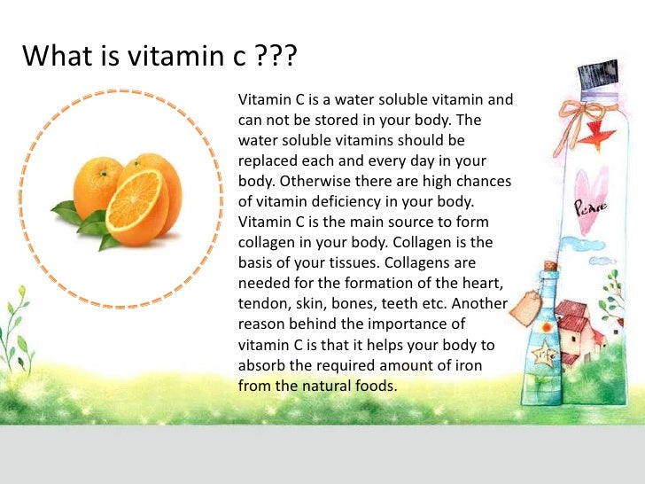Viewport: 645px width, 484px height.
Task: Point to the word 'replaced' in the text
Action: point(268,161)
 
